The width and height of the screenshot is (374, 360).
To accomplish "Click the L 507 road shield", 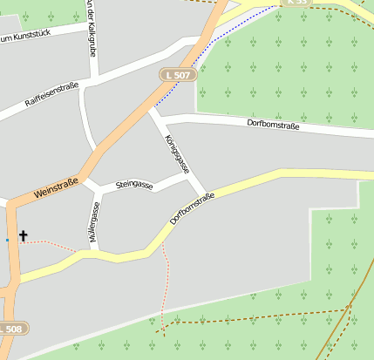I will coord(179,76).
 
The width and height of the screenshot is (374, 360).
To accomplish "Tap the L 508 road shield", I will coord(12,329).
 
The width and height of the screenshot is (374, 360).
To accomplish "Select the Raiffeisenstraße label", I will coord(51,96).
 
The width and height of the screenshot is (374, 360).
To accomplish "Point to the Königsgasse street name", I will coord(176,152).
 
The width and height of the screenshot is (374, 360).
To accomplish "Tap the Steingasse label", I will coord(133,186).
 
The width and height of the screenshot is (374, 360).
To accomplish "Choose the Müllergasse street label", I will coord(94,221).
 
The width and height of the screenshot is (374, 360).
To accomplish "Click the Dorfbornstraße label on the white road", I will coord(273,126).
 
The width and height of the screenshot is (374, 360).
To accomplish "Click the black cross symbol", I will coord(24,235).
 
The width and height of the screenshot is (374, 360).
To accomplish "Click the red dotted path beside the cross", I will coord(52,245).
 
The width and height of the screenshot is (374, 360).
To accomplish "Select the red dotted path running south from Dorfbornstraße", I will coord(163,288).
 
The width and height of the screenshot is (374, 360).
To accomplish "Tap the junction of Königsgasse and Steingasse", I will coord(187,173).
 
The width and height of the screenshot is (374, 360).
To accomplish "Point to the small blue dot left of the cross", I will coord(7,239).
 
